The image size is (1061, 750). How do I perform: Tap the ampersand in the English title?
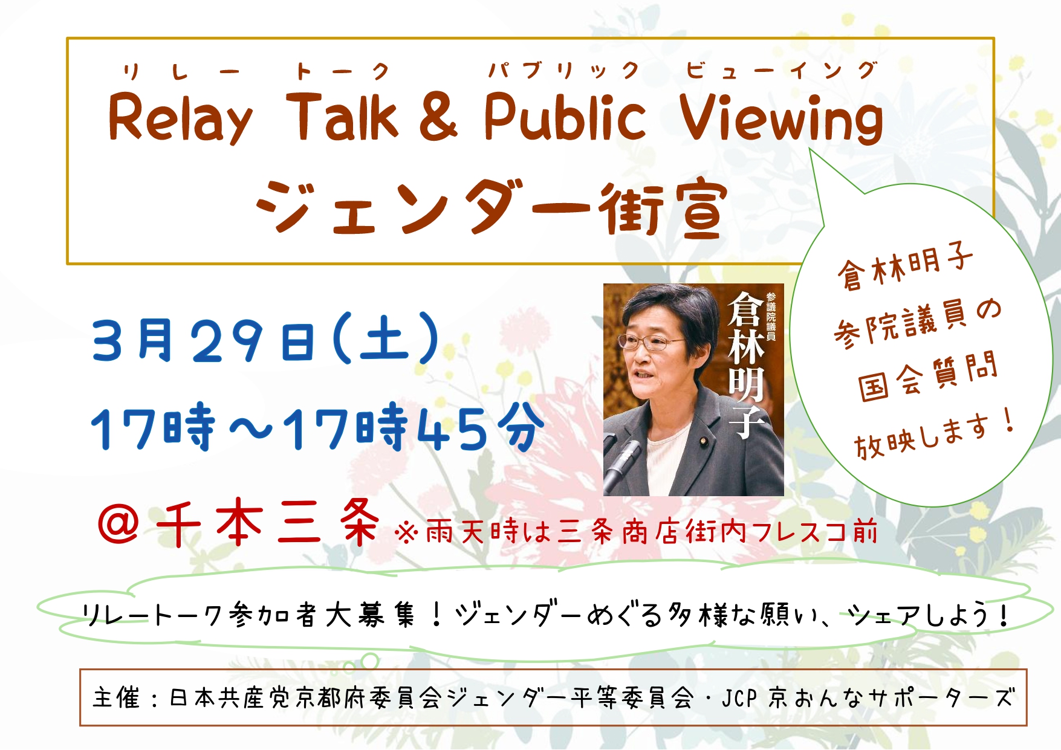pos(438,116)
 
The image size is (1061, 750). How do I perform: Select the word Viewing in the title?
pos(781,119)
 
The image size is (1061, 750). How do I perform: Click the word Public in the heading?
pos(565,116)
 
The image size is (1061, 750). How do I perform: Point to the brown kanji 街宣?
pos(663,207)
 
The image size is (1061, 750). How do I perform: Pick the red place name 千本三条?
pos(268,523)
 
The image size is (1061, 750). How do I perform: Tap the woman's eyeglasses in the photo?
pos(652,343)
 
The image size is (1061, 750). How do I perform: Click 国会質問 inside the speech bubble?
pos(927,377)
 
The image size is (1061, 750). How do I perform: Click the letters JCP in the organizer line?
pos(740,699)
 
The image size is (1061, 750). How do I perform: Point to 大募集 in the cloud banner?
pos(371,615)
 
